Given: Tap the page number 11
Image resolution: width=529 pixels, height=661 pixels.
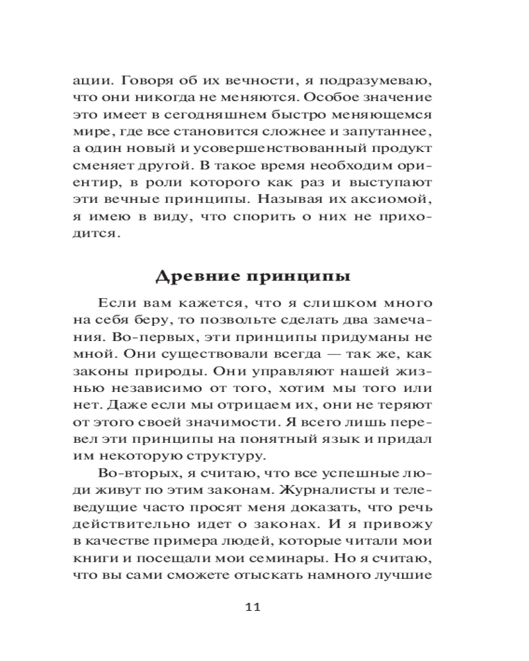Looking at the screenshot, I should (x=254, y=607).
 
